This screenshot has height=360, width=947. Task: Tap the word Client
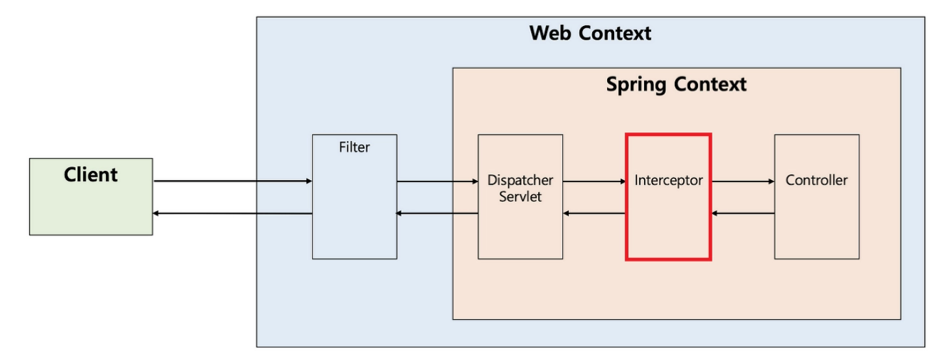[91, 175]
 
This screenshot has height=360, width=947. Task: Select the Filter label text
[354, 148]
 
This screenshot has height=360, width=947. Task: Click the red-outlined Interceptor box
[668, 221]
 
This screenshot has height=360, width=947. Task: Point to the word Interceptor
[668, 181]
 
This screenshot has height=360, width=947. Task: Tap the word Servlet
[520, 197]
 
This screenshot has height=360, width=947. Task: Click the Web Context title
[590, 33]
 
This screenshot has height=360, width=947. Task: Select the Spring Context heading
[676, 84]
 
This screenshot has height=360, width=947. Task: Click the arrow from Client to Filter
[233, 181]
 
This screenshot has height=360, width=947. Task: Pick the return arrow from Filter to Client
[233, 214]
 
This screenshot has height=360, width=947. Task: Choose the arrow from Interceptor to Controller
[743, 181]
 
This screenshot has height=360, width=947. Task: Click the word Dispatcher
[520, 180]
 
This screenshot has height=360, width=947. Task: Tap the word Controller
[816, 181]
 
